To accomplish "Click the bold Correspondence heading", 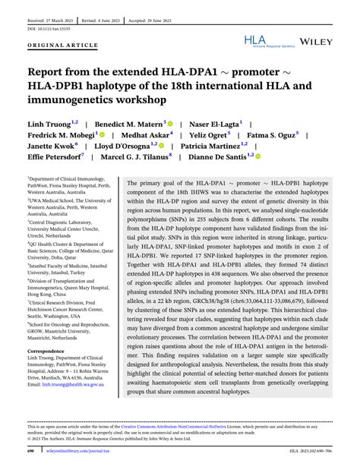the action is pos(46,351).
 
